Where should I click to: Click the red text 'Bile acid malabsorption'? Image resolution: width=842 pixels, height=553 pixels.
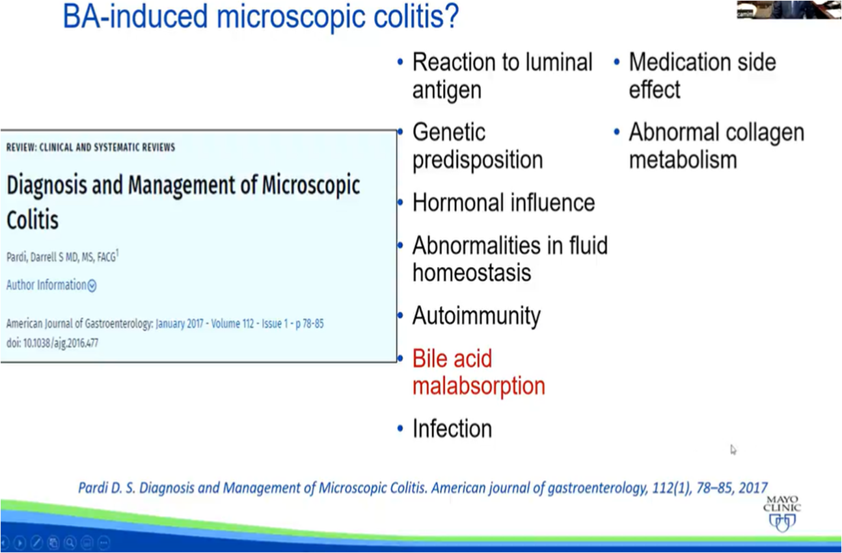(478, 372)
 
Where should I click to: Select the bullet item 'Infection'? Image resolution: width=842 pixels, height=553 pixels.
(452, 428)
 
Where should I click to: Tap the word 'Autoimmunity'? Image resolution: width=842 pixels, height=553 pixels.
(476, 316)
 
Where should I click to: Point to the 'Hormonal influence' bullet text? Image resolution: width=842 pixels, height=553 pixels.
(504, 203)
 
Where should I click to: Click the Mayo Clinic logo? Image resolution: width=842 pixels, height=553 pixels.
(782, 513)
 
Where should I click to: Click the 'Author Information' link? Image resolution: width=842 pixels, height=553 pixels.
(51, 285)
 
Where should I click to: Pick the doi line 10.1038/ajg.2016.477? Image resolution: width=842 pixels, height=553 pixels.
(52, 342)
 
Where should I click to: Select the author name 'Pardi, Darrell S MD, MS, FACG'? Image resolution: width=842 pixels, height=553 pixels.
(62, 257)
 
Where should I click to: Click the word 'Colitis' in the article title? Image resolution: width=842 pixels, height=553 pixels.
(33, 220)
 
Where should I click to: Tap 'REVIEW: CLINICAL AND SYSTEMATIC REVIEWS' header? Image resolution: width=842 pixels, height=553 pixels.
(90, 147)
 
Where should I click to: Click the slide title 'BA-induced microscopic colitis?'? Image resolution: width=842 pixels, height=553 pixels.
(261, 16)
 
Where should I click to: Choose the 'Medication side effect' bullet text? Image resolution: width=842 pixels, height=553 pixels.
(703, 76)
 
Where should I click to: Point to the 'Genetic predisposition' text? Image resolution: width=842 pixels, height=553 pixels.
(478, 146)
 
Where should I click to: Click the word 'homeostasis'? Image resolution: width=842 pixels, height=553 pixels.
(472, 272)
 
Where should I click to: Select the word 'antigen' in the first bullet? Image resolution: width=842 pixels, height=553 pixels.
(447, 90)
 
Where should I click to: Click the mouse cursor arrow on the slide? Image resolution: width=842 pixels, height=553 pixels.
(733, 450)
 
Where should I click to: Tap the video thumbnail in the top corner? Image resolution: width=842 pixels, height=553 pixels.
(789, 9)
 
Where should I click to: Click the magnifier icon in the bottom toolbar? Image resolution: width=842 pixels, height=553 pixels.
(70, 543)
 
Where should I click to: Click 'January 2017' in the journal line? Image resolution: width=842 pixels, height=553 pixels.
(180, 324)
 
